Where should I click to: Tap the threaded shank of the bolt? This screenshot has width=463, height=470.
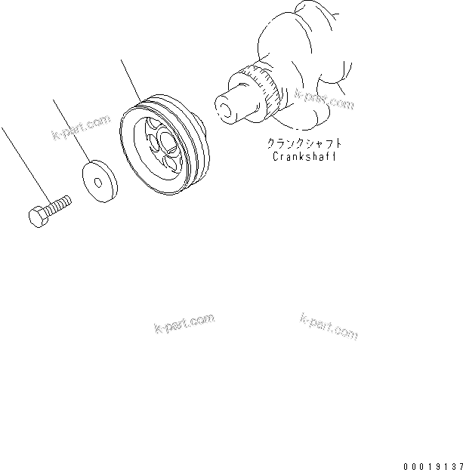59,202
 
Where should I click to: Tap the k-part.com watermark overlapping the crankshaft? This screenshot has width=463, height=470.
324,100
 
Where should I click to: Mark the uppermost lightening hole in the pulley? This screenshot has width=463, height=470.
156,124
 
